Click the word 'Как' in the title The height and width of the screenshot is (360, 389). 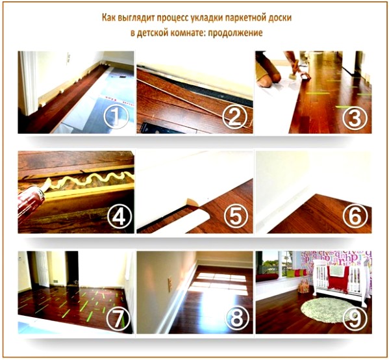112,17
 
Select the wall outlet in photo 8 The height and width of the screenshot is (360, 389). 171,284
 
